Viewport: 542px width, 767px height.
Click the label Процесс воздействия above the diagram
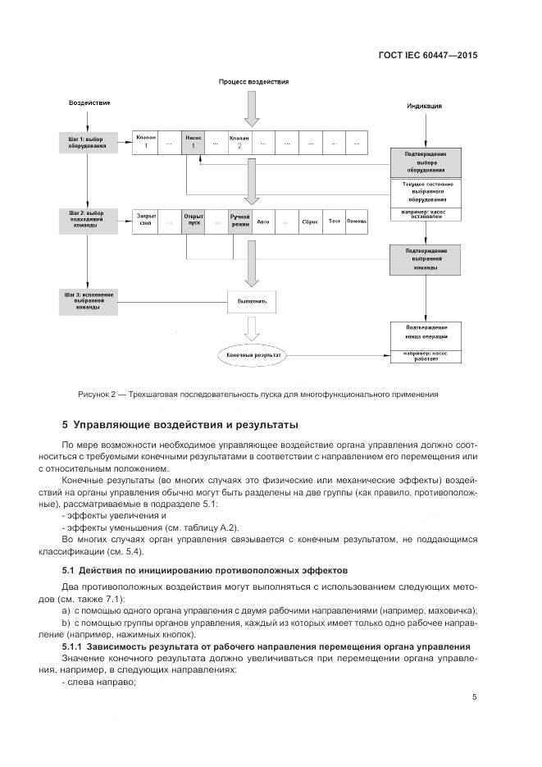pyautogui.click(x=253, y=83)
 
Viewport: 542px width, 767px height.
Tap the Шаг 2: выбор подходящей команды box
pyautogui.click(x=86, y=220)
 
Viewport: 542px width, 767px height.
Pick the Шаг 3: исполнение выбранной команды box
pyautogui.click(x=86, y=300)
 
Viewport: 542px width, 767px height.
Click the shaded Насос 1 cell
pyautogui.click(x=194, y=141)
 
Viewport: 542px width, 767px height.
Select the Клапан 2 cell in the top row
pyautogui.click(x=239, y=141)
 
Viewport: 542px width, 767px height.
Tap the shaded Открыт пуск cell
pyautogui.click(x=194, y=221)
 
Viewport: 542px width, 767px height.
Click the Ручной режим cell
pyautogui.click(x=239, y=221)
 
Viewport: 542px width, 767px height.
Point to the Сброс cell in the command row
pyautogui.click(x=310, y=221)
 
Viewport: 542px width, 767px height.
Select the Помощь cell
pyautogui.click(x=357, y=221)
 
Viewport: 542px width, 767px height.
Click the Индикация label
pyautogui.click(x=426, y=106)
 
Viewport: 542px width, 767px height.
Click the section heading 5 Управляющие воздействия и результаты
pyautogui.click(x=180, y=425)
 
